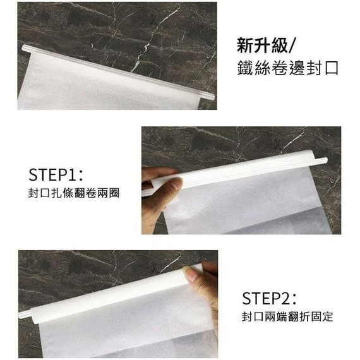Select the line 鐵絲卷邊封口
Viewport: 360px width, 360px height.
tap(287, 68)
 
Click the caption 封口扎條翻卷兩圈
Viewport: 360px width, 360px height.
tap(74, 193)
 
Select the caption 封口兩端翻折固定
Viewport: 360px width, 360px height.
tap(287, 317)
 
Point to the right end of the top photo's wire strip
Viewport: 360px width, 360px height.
tap(212, 97)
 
